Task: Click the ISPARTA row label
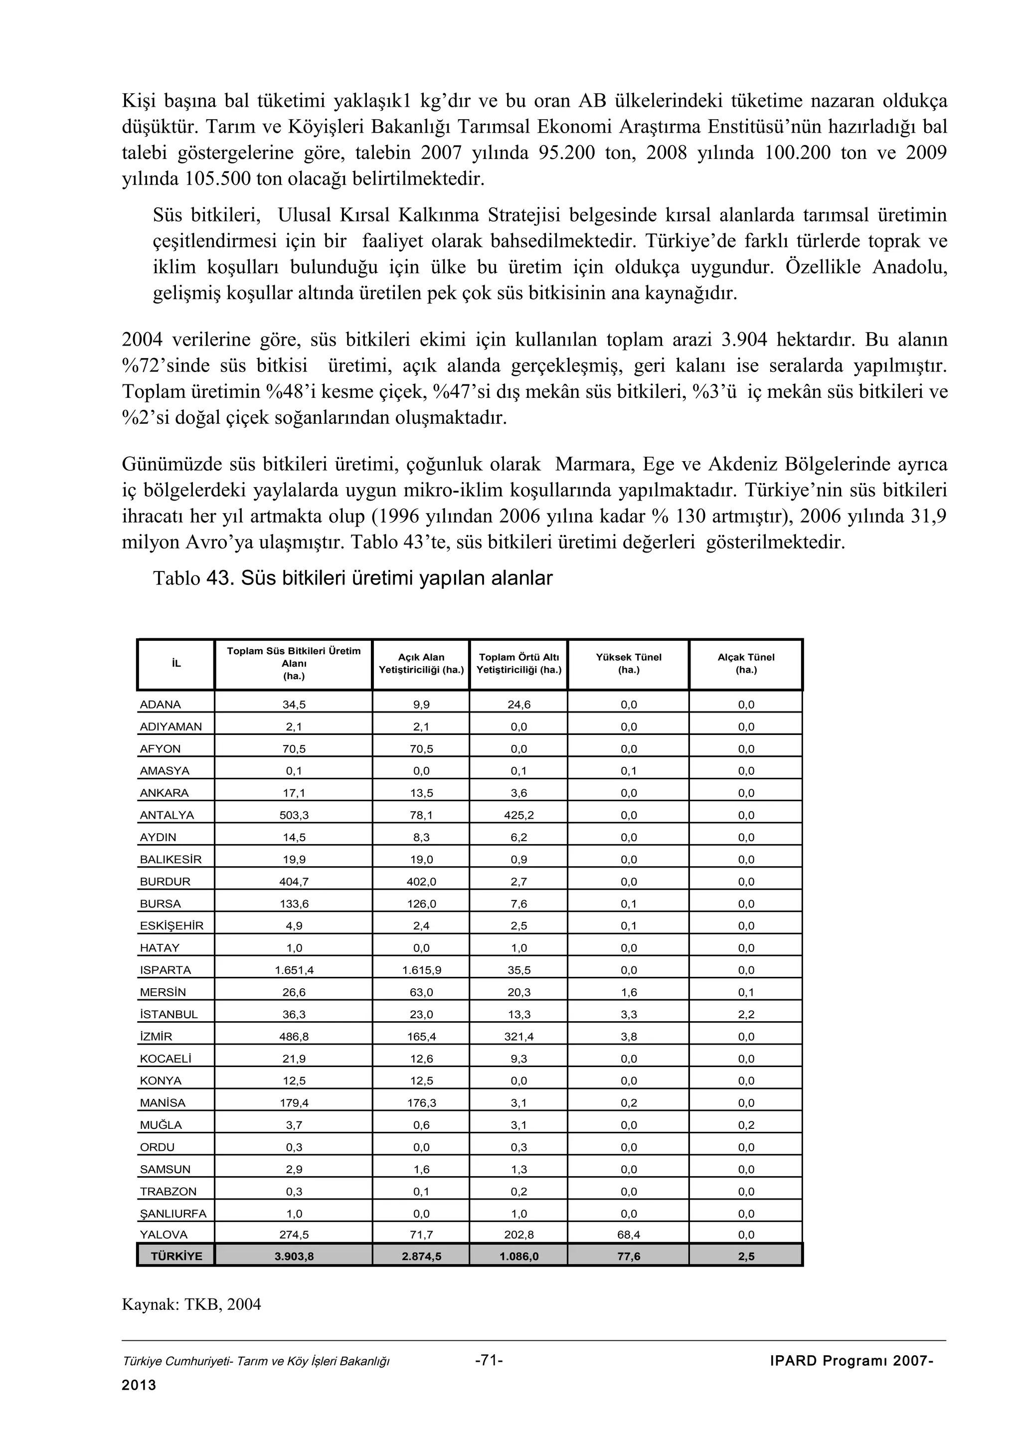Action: coord(165,970)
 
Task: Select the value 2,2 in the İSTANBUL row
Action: coord(746,1015)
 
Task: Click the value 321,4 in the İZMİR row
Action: coord(519,1037)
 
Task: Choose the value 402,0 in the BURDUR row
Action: coord(421,882)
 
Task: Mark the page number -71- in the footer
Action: coord(489,1361)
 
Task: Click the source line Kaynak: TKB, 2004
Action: coord(191,1304)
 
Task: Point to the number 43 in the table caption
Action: coord(219,578)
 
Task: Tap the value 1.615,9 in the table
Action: coord(421,970)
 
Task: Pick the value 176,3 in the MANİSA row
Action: coord(421,1102)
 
